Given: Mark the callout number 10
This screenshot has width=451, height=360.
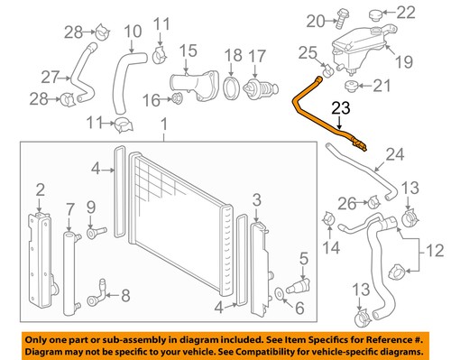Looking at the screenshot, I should tap(133, 33).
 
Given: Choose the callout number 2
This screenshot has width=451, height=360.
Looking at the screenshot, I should tap(39, 189).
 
